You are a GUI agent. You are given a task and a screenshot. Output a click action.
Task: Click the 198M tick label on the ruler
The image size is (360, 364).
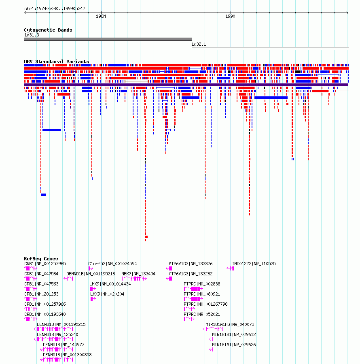(x=101, y=16)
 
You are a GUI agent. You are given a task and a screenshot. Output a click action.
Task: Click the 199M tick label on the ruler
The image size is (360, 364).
(x=230, y=16)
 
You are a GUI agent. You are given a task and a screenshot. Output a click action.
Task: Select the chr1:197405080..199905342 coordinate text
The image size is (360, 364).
(x=55, y=9)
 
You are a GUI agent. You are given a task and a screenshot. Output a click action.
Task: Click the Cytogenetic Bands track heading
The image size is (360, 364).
(x=48, y=30)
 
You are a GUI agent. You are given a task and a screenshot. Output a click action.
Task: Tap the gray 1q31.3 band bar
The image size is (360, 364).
(x=108, y=39)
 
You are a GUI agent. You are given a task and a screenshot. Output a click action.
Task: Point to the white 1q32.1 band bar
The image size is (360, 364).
(x=270, y=49)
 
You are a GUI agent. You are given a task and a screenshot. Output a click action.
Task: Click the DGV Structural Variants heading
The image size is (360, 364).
(x=57, y=62)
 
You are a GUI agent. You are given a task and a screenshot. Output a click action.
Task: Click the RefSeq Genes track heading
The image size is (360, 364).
(x=41, y=259)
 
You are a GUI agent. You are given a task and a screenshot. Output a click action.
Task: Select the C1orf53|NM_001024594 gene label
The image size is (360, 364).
(x=112, y=264)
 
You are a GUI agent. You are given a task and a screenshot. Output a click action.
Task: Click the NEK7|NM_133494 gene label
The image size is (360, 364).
(x=138, y=274)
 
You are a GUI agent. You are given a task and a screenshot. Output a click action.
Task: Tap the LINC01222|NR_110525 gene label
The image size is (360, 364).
(x=252, y=264)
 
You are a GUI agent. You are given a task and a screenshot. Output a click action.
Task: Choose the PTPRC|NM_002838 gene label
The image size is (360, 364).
(x=202, y=284)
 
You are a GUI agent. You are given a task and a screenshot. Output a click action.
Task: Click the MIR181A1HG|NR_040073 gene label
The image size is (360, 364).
(x=230, y=324)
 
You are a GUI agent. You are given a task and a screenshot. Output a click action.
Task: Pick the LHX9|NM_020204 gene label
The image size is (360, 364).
(x=107, y=294)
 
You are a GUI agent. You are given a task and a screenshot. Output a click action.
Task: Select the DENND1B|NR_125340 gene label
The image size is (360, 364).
(x=57, y=334)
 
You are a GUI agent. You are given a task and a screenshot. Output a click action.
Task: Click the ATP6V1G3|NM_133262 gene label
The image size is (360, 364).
(x=191, y=274)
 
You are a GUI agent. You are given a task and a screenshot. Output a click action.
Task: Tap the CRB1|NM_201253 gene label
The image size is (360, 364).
(x=41, y=294)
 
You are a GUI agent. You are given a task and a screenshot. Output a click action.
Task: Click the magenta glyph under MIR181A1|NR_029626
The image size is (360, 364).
(x=211, y=349)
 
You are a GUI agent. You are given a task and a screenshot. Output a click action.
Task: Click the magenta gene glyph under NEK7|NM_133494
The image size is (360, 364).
(x=134, y=279)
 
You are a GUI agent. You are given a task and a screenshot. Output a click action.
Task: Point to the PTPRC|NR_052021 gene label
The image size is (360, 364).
(x=202, y=314)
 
